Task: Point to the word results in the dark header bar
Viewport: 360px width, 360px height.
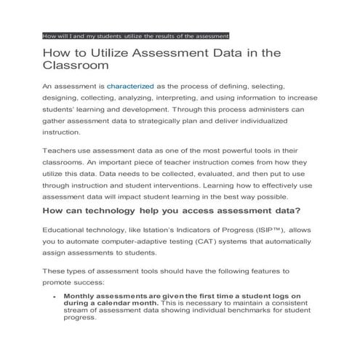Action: (154, 36)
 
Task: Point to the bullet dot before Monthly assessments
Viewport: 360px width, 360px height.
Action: (56, 297)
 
